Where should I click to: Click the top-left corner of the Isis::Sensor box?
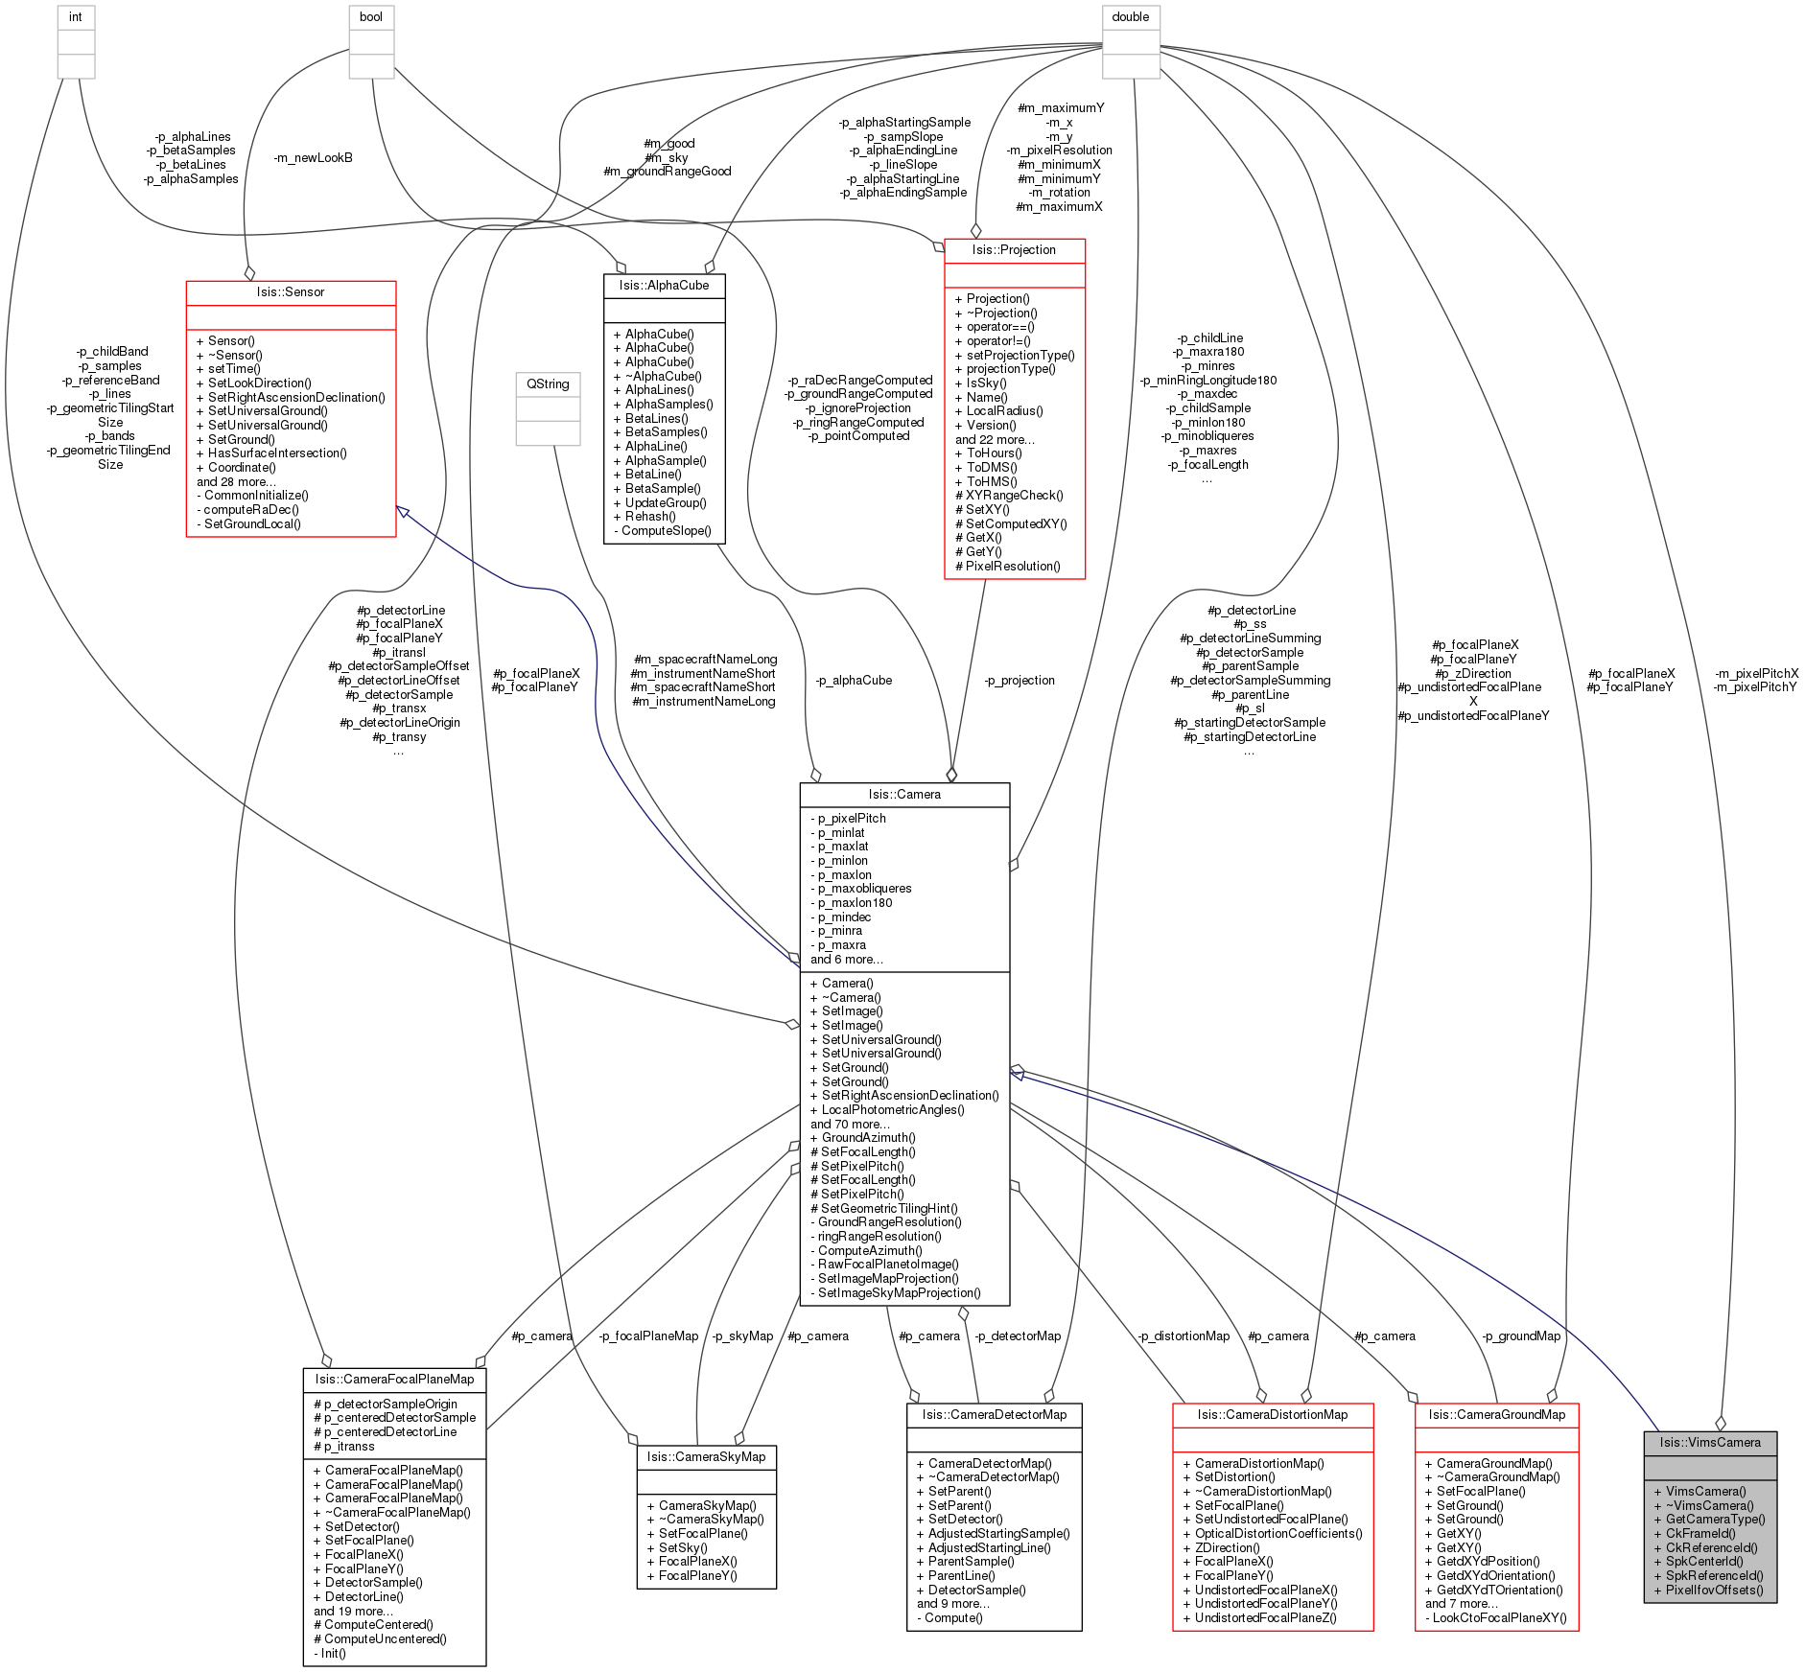pos(186,281)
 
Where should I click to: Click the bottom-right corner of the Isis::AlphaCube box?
pos(725,544)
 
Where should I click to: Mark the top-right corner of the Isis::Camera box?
pos(1010,783)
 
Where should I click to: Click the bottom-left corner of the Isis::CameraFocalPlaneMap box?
pos(303,1666)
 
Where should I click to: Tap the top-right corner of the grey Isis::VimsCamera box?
pos(1777,1431)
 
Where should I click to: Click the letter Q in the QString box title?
pos(530,383)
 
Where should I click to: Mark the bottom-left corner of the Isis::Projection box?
pos(945,579)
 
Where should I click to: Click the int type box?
pos(76,42)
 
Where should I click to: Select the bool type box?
pos(371,42)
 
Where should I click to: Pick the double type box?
pos(1131,42)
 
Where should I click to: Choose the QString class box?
pos(548,408)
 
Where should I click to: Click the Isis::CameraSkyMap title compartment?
pos(707,1456)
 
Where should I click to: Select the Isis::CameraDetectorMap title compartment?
pos(995,1414)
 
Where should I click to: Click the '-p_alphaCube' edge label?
pos(854,680)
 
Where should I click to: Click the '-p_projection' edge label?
pos(1020,680)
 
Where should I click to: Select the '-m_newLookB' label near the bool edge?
pos(313,157)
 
